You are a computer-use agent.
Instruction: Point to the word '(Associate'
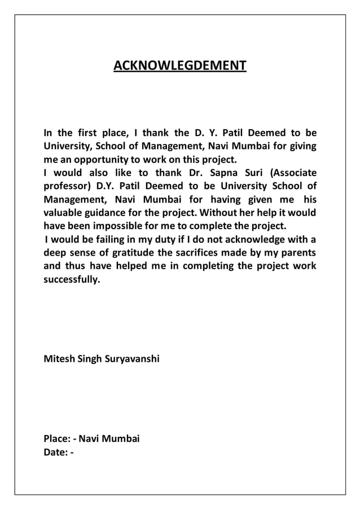(292, 173)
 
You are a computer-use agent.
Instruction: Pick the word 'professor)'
(67, 186)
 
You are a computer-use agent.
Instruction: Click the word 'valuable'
(63, 213)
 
